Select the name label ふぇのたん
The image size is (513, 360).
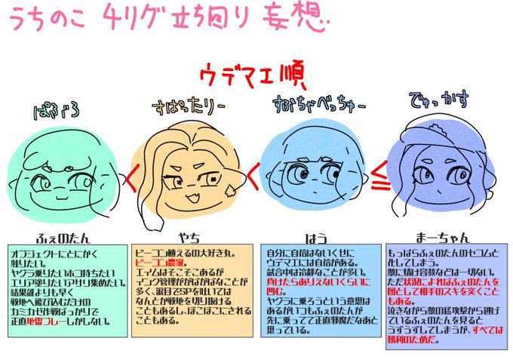tap(63, 233)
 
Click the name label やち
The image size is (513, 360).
tap(188, 233)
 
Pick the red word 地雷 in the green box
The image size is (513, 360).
tap(69, 322)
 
